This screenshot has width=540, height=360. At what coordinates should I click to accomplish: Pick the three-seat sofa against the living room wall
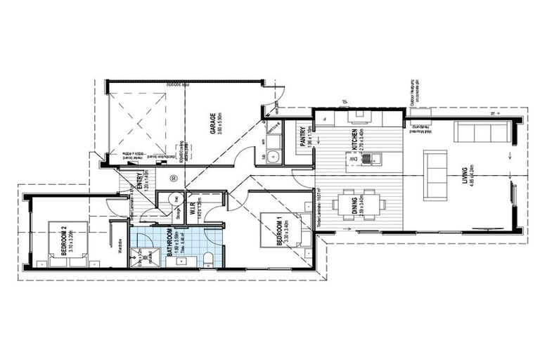482,131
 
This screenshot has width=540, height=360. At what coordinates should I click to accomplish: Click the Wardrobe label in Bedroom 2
120,245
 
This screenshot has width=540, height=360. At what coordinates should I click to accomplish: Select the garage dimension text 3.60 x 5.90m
220,124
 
